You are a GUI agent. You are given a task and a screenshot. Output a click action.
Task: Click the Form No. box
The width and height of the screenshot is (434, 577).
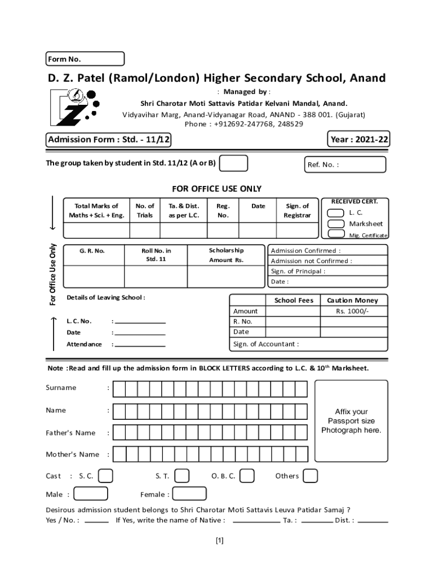tap(85, 59)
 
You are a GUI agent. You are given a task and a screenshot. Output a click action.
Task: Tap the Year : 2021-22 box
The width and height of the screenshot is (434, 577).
tap(359, 139)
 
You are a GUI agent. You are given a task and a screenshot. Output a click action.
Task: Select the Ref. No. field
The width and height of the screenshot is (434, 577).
tap(345, 165)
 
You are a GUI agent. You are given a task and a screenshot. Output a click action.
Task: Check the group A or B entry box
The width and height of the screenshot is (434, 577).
tap(233, 163)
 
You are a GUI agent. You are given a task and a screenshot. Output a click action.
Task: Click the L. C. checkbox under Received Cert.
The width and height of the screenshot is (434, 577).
tap(336, 212)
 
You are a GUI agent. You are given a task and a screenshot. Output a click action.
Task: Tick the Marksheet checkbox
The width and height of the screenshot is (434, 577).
tap(336, 224)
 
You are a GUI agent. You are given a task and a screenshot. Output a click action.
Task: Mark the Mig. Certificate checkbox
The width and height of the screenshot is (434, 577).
tap(336, 234)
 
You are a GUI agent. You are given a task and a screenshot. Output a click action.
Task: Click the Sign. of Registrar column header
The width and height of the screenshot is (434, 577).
tap(297, 211)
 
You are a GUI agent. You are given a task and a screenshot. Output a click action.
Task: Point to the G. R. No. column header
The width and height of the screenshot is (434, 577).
tap(92, 251)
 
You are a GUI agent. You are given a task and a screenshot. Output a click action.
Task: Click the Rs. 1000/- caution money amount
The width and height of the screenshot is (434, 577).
tap(352, 311)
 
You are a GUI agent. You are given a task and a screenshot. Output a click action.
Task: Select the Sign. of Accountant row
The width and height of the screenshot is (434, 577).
tap(308, 344)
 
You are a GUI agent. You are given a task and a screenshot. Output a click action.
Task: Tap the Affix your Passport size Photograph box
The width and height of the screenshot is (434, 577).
tap(351, 421)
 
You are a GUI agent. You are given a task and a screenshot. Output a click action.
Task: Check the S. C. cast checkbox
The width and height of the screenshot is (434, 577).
tap(105, 476)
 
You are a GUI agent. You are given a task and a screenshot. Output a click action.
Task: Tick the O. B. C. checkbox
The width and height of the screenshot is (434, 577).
tap(246, 476)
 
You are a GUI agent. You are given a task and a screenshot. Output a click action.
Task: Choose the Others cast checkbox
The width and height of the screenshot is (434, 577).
tap(310, 476)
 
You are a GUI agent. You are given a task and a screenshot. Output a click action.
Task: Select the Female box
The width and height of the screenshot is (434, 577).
tap(189, 494)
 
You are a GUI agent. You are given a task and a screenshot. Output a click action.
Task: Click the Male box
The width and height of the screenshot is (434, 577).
tap(91, 494)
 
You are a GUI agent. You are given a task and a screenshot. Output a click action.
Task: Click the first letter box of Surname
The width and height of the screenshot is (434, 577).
tap(119, 389)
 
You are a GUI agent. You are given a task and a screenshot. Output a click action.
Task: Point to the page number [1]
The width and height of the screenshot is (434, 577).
tap(220, 541)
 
